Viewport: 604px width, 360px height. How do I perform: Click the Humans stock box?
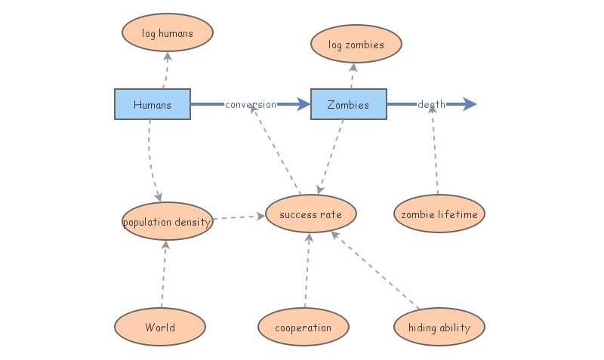click(152, 104)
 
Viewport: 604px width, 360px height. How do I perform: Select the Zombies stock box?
click(348, 104)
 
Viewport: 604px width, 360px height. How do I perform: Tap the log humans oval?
click(168, 33)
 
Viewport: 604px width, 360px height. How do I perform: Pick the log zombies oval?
click(356, 45)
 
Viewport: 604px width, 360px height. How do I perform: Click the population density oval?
click(167, 222)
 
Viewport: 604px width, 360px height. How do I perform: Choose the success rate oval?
click(310, 214)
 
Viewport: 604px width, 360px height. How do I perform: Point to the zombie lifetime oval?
click(439, 214)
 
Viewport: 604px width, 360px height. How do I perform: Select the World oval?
click(160, 328)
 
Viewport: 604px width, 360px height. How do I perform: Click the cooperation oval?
click(304, 328)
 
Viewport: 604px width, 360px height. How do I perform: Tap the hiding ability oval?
click(439, 328)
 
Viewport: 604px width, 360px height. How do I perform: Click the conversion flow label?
click(251, 104)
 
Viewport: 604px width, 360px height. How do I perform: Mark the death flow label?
click(432, 104)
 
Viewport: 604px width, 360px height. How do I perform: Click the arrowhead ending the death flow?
click(470, 104)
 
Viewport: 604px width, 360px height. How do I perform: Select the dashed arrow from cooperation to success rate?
click(307, 271)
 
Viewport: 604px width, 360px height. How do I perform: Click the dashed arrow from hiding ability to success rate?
click(375, 271)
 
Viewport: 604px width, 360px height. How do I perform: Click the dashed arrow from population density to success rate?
click(239, 217)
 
